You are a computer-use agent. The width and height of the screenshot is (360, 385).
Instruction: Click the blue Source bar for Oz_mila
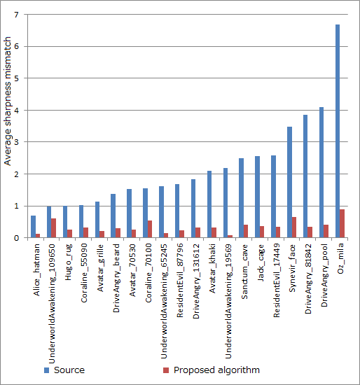338,131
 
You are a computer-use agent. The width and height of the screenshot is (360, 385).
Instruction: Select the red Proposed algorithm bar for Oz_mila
342,223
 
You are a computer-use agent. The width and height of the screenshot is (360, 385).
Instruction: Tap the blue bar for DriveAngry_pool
321,172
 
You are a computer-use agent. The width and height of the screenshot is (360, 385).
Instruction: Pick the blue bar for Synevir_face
289,182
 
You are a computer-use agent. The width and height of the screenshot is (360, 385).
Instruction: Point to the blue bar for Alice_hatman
33,227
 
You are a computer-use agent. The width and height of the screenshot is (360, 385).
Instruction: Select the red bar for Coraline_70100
150,229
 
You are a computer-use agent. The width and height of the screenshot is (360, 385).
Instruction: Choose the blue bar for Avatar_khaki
209,204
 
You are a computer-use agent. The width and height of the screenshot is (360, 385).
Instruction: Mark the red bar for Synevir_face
294,227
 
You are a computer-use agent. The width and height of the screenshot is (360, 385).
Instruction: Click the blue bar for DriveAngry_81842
305,176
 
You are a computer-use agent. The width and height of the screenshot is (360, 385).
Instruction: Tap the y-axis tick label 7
16,15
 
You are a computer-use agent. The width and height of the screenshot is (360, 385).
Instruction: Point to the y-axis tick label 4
16,110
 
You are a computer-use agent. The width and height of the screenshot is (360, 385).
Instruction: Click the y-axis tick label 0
16,238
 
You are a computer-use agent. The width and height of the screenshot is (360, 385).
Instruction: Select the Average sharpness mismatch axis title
8,101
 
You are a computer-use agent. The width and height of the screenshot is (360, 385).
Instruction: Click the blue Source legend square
47,370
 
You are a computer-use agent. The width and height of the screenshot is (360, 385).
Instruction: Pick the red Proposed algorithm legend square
166,370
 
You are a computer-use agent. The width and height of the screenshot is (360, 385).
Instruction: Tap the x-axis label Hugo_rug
68,262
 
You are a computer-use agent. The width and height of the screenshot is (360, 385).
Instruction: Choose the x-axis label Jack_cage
261,262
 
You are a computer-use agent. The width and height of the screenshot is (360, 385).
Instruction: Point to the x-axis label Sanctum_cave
244,272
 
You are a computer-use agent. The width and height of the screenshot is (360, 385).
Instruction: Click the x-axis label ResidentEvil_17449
277,281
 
